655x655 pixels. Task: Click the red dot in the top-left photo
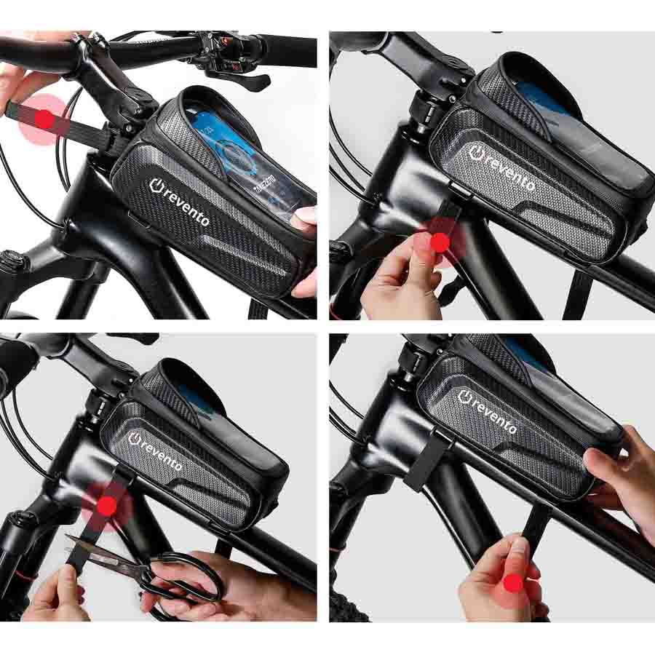click(44, 119)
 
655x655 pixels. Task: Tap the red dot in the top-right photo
click(440, 242)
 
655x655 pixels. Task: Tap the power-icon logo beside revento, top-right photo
click(477, 154)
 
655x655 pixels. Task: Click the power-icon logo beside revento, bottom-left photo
click(133, 439)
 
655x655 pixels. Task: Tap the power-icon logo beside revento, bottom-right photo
click(465, 397)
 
